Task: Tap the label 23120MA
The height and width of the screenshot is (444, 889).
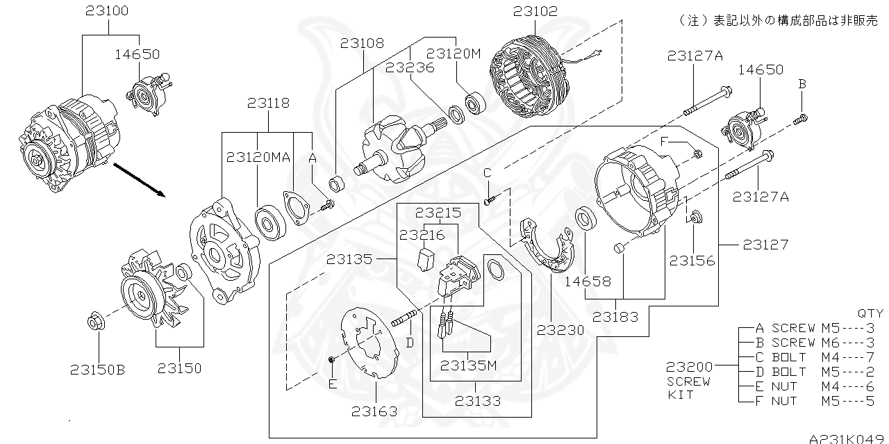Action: click(258, 157)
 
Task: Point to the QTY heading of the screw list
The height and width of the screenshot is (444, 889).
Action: click(870, 313)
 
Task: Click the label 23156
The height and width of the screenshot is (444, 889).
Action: click(692, 261)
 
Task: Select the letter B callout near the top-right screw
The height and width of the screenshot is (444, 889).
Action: click(801, 83)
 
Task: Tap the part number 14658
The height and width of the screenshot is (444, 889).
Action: click(587, 281)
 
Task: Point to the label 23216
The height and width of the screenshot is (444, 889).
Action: click(422, 235)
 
